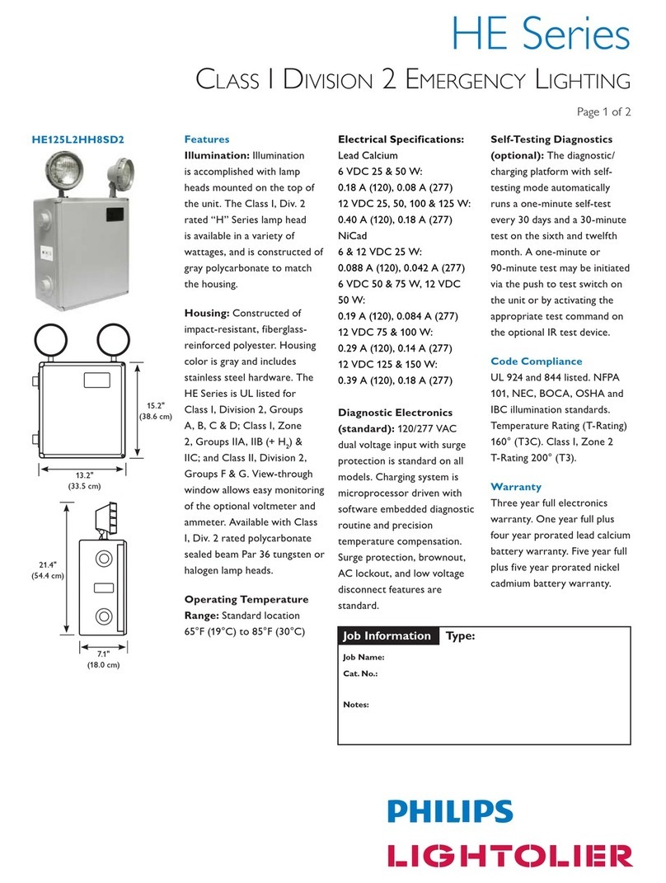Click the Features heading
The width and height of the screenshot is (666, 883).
(x=206, y=139)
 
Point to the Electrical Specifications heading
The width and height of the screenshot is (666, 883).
(x=401, y=139)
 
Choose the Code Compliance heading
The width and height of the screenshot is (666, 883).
(x=536, y=361)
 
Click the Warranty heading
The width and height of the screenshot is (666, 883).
(x=515, y=486)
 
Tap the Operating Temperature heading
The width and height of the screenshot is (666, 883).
(x=246, y=599)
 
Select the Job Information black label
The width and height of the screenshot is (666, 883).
(x=387, y=635)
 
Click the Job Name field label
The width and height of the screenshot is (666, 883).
(x=363, y=658)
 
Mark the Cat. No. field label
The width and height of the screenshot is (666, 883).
(x=360, y=674)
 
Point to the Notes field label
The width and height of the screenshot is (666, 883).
(x=356, y=705)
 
